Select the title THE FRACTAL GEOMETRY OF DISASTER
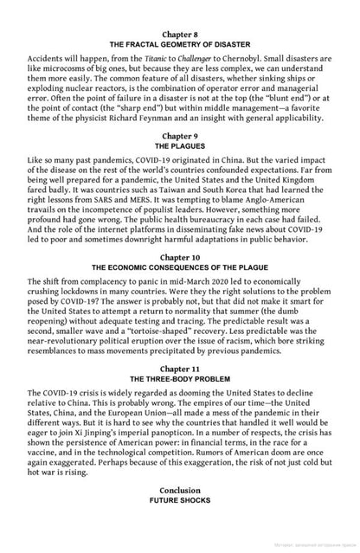(x=180, y=42)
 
